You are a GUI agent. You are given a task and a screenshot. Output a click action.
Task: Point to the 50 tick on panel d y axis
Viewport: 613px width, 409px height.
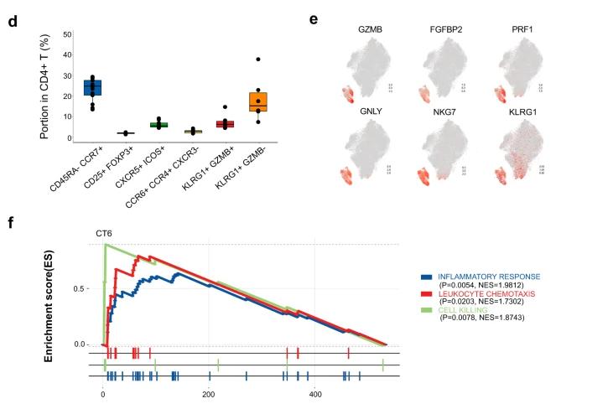pos(66,34)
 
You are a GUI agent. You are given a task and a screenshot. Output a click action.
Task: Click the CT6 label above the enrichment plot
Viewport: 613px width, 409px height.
pos(105,235)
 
